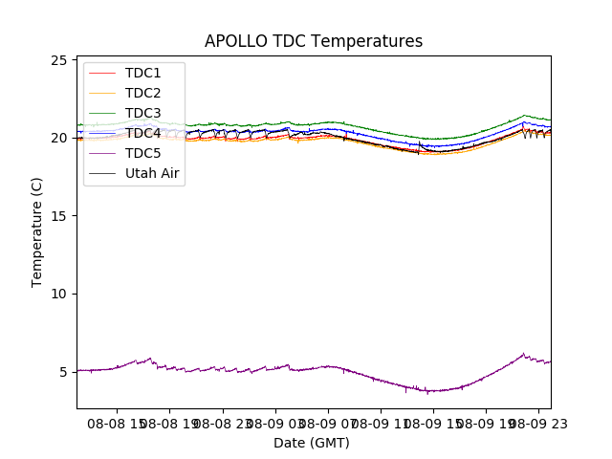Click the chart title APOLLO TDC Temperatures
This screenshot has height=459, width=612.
click(x=314, y=41)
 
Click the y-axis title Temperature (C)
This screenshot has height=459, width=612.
click(x=37, y=231)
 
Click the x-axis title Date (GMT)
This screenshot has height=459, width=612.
click(x=312, y=443)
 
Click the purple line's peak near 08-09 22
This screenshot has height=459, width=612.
click(x=523, y=354)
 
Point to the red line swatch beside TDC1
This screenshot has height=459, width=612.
click(x=101, y=73)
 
